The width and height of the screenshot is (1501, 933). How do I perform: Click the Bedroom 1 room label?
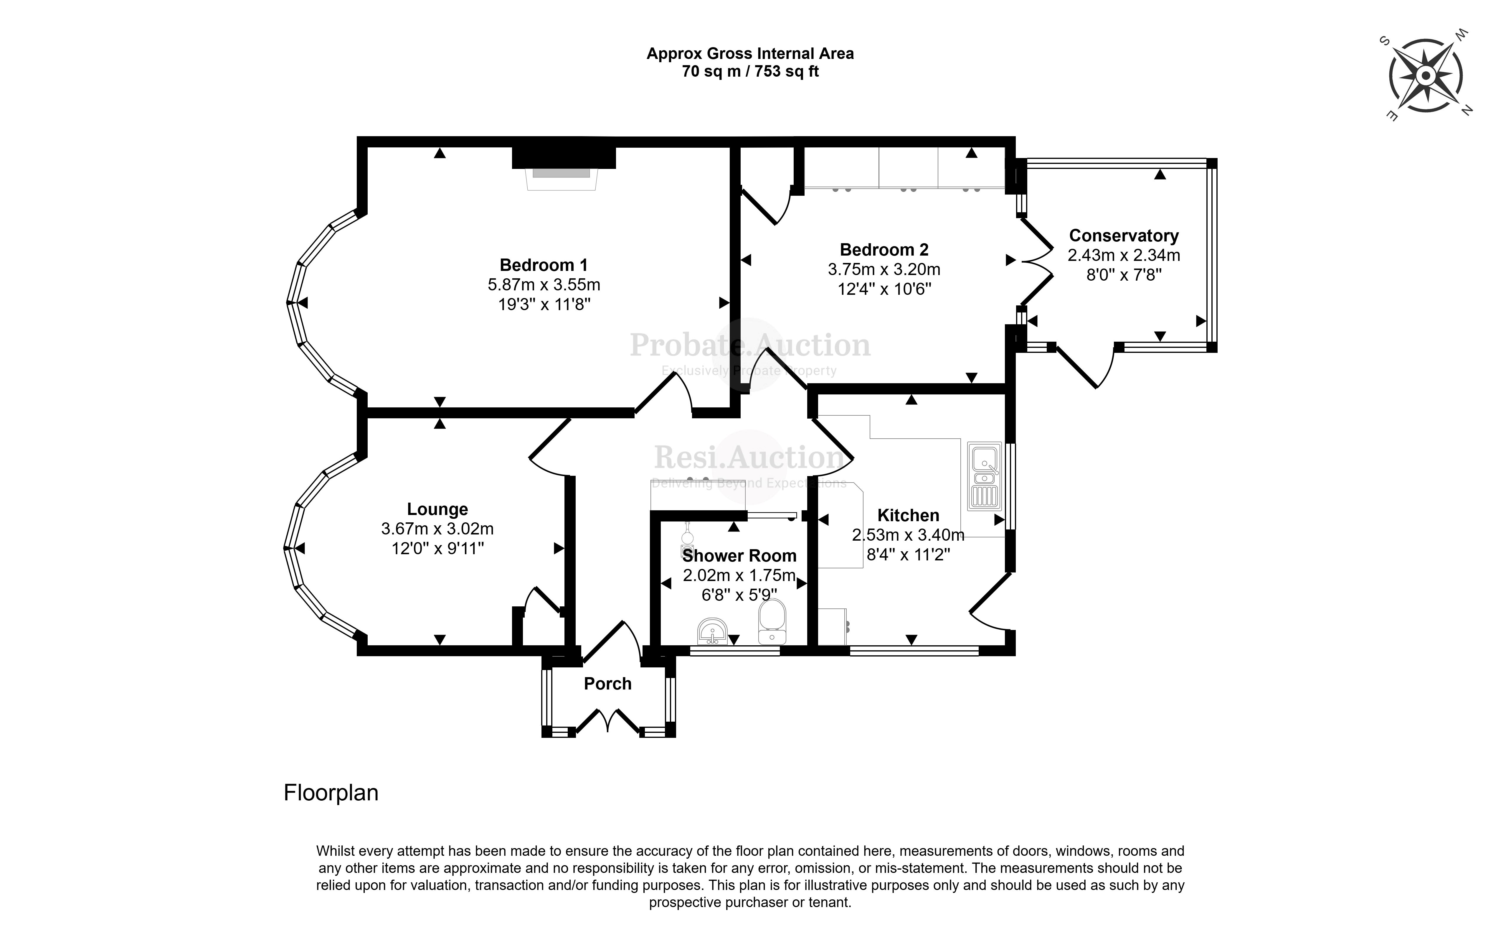pyautogui.click(x=543, y=265)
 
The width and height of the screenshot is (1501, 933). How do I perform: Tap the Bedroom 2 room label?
pyautogui.click(x=884, y=250)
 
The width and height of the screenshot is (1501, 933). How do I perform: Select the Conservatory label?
pyautogui.click(x=1124, y=236)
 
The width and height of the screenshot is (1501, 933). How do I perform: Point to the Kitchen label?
pyautogui.click(x=908, y=515)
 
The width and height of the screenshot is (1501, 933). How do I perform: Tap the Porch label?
pyautogui.click(x=607, y=684)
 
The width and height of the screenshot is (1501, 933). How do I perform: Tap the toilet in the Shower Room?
pyautogui.click(x=772, y=622)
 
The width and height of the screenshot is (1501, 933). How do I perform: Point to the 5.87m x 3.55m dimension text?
pyautogui.click(x=543, y=285)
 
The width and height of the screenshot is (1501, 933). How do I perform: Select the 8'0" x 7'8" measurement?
pyautogui.click(x=1124, y=274)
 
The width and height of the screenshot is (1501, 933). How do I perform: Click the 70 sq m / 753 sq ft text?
pyautogui.click(x=750, y=72)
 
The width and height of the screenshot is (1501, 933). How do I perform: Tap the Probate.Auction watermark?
pyautogui.click(x=750, y=345)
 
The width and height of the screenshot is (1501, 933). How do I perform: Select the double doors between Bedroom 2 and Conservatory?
pyautogui.click(x=1036, y=260)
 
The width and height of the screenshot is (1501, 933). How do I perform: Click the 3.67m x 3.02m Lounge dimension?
pyautogui.click(x=437, y=529)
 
